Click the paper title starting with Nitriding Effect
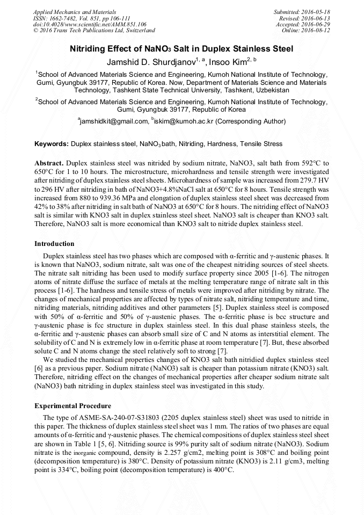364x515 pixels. [x=181, y=49]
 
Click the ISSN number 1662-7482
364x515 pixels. [x=69, y=18]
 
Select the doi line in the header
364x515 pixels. [x=90, y=25]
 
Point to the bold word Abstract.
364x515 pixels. [x=49, y=162]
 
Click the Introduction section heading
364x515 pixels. [x=54, y=244]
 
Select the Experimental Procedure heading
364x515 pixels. [x=72, y=406]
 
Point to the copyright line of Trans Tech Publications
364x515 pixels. [x=94, y=31]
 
